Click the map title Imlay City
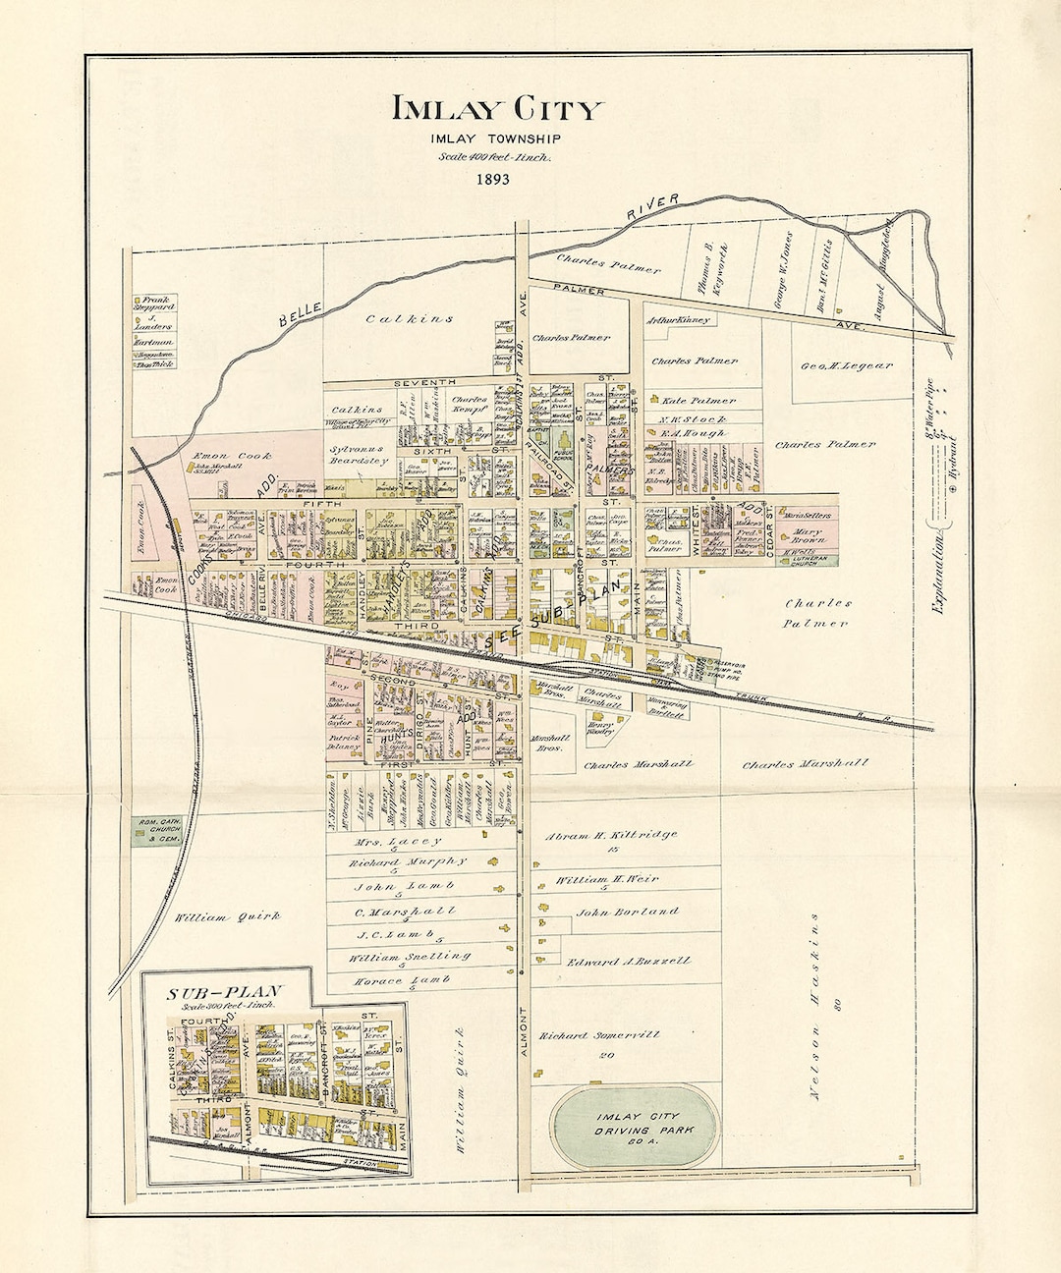(x=498, y=109)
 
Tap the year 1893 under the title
(x=494, y=179)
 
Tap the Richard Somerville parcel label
(x=599, y=1034)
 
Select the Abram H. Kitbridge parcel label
(x=610, y=834)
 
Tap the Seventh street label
(x=424, y=381)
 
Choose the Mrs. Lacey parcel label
(x=397, y=841)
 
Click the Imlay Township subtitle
(x=495, y=138)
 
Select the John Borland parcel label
(x=627, y=912)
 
